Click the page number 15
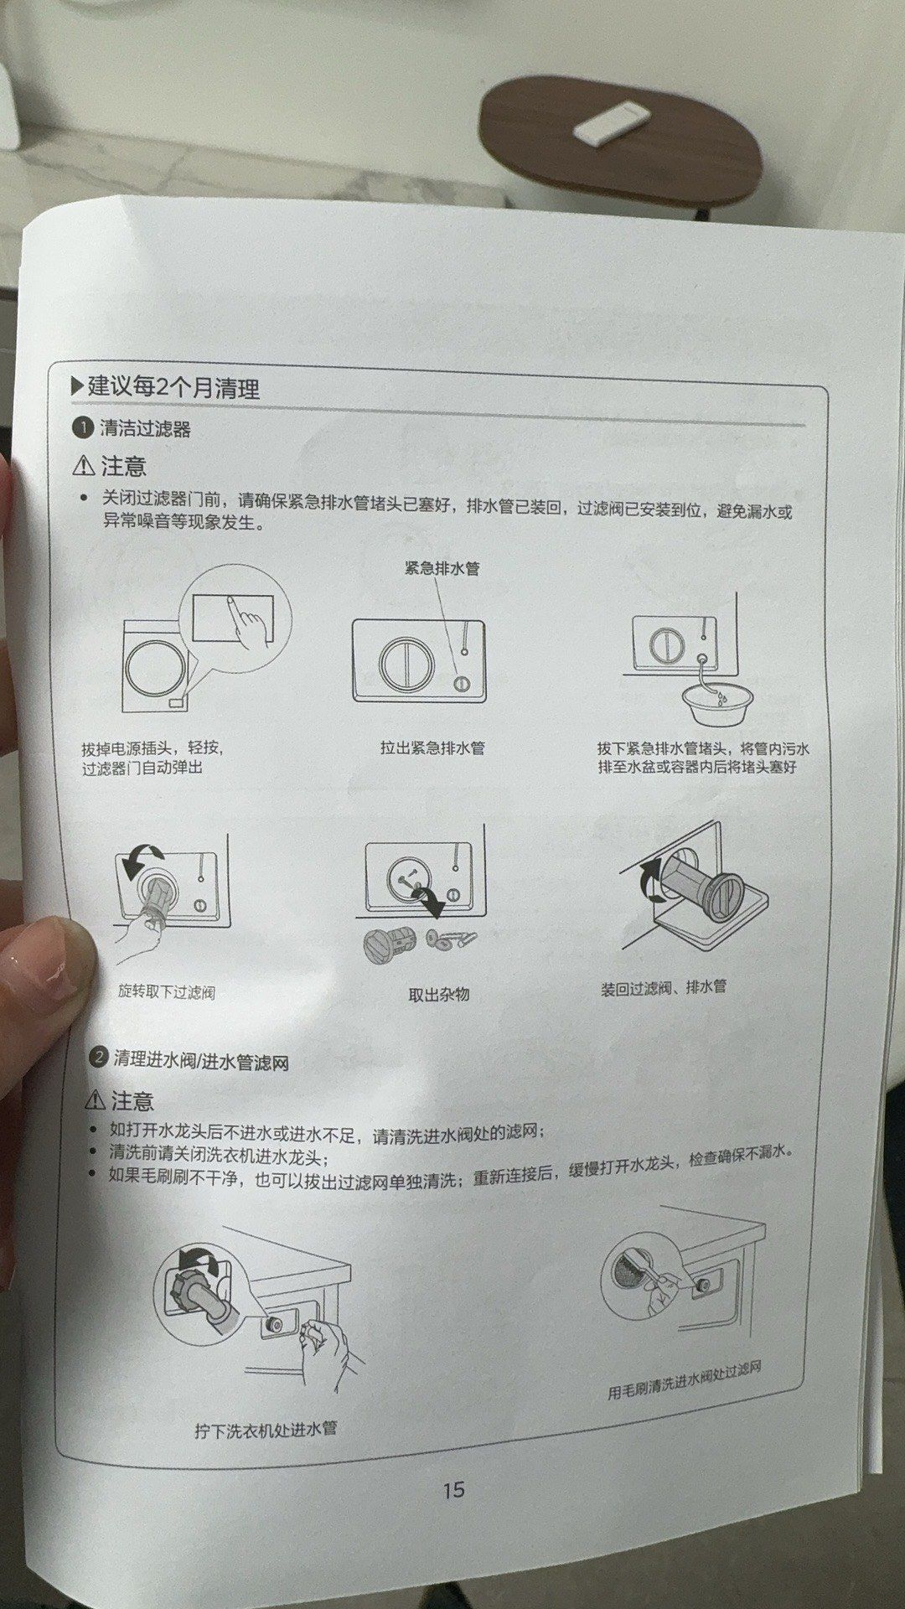click(453, 1489)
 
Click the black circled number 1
click(82, 428)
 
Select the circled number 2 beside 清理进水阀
click(99, 1057)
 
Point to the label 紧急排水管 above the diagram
click(442, 568)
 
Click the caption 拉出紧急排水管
click(432, 748)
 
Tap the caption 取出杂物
click(438, 995)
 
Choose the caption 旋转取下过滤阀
click(166, 992)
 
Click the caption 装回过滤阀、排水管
click(663, 988)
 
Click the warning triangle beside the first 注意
click(84, 466)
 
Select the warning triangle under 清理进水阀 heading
click(96, 1100)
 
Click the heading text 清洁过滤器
click(146, 429)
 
